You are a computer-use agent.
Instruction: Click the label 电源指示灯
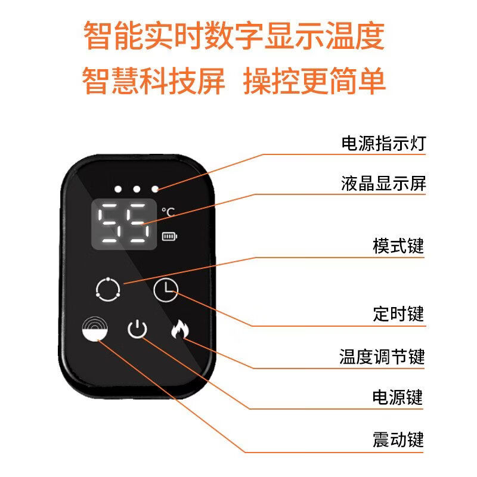[383, 144]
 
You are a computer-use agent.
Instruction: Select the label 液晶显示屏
[383, 183]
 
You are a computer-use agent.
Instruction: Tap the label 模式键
[398, 246]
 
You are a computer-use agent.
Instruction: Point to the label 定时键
[398, 314]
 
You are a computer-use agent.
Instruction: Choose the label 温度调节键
[383, 357]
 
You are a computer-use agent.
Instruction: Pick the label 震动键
[398, 440]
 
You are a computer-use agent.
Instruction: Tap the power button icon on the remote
[137, 329]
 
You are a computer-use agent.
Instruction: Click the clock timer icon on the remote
[165, 290]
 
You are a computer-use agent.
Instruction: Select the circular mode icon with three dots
[107, 289]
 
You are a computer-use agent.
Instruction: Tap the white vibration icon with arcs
[95, 328]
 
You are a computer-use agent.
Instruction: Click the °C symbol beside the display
[168, 212]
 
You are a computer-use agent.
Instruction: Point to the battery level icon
[169, 237]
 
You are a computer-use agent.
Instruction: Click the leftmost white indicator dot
[118, 189]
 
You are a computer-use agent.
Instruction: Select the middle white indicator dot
[137, 189]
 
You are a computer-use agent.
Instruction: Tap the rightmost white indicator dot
[155, 189]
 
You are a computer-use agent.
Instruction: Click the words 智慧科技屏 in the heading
[154, 80]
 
